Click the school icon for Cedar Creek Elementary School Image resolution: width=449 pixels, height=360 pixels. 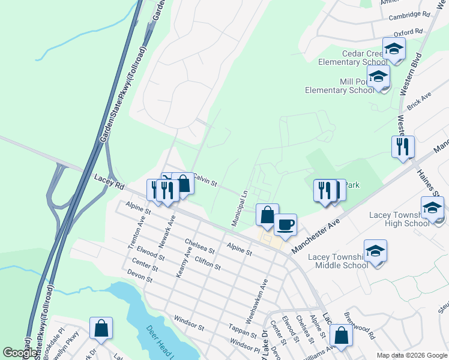pyautogui.click(x=394, y=49)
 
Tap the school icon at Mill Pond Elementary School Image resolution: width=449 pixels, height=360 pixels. pyautogui.click(x=378, y=77)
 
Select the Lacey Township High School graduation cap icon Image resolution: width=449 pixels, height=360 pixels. pyautogui.click(x=432, y=208)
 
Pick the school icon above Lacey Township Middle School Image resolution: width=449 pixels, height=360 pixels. pyautogui.click(x=375, y=251)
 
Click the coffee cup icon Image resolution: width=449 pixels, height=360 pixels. pyautogui.click(x=286, y=224)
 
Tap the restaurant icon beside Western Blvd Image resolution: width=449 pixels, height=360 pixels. pyautogui.click(x=403, y=146)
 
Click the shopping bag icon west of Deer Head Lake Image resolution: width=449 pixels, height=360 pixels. pyautogui.click(x=101, y=328)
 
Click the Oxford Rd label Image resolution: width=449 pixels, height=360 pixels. pyautogui.click(x=408, y=31)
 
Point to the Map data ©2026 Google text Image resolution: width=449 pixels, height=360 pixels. pyautogui.click(x=411, y=355)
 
